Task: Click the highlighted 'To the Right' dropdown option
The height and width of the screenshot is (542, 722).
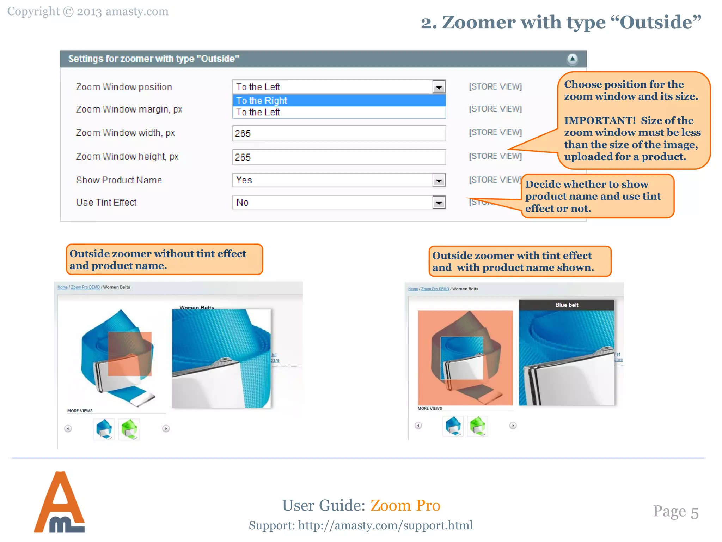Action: point(339,101)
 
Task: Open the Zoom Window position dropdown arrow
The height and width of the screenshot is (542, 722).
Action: point(439,87)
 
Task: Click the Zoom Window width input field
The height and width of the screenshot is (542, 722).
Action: point(339,133)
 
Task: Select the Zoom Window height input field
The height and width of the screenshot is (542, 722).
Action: point(339,157)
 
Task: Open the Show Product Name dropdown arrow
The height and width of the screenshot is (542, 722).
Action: point(439,180)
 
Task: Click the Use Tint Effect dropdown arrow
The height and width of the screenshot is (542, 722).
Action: point(439,203)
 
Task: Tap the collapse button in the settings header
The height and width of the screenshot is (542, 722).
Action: point(572,59)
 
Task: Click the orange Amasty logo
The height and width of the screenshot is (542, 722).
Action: point(59,502)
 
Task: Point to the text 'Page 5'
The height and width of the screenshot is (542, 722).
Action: point(675,512)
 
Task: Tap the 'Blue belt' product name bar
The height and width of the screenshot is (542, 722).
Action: point(567,305)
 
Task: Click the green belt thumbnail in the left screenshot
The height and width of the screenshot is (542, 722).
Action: point(129,429)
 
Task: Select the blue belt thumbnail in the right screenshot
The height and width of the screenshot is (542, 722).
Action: point(453,426)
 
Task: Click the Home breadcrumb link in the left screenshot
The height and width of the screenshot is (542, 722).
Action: point(62,287)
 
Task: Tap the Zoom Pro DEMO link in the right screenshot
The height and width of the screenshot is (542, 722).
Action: point(435,289)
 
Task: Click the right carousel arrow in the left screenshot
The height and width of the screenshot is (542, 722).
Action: point(166,428)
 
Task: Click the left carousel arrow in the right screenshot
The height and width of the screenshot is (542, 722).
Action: point(418,426)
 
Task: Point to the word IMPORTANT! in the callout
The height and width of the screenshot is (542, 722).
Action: point(600,121)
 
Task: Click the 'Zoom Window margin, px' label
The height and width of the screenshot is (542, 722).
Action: point(129,109)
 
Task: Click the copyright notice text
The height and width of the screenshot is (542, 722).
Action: point(88,12)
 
